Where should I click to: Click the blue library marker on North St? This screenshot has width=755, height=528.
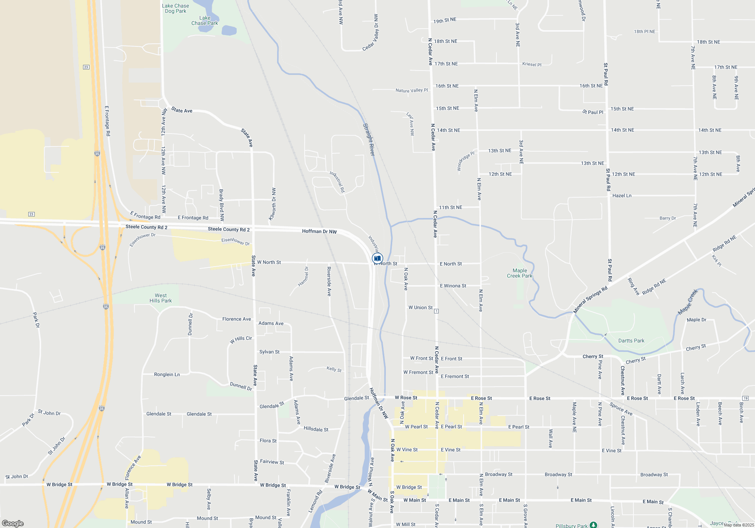(x=377, y=258)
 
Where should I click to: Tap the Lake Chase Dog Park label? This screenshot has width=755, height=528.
(x=176, y=8)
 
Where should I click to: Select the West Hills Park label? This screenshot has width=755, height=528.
(x=160, y=298)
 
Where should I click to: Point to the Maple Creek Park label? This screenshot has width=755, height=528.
(x=519, y=273)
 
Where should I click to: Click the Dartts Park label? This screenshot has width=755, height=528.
(x=631, y=341)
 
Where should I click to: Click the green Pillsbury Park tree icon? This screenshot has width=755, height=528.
(x=593, y=525)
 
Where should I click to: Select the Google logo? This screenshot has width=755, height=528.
(x=13, y=523)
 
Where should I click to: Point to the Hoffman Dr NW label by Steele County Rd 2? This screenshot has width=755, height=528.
(x=319, y=231)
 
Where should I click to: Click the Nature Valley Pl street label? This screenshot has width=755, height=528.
(x=411, y=91)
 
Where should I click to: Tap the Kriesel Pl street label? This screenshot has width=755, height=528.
(x=532, y=64)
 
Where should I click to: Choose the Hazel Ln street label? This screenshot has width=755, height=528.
(x=622, y=196)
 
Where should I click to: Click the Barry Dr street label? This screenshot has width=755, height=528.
(x=667, y=218)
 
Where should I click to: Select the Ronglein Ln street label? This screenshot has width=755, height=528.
(x=167, y=375)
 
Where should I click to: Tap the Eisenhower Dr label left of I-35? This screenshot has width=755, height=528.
(x=142, y=240)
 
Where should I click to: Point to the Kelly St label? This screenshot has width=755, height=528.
(x=334, y=369)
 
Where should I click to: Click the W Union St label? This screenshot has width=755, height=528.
(x=420, y=307)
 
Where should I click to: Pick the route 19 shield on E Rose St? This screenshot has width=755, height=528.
(x=745, y=398)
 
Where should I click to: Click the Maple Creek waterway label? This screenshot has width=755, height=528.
(x=688, y=302)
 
